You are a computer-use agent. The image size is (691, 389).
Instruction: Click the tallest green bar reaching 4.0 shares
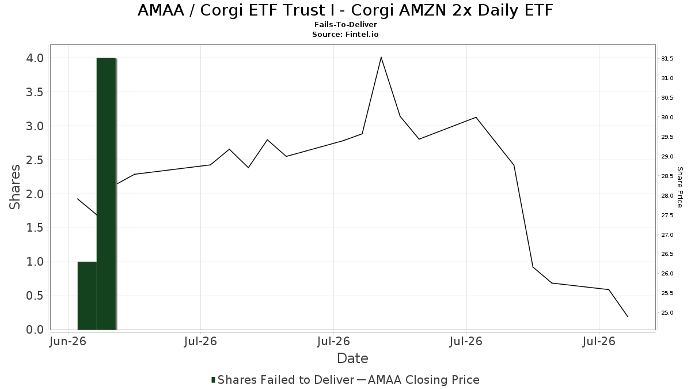pyautogui.click(x=106, y=194)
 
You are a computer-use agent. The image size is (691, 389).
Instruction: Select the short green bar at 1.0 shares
pyautogui.click(x=87, y=296)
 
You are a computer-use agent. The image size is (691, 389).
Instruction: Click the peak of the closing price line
pyautogui.click(x=381, y=57)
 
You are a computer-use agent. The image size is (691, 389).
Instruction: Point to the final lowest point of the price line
pyautogui.click(x=628, y=316)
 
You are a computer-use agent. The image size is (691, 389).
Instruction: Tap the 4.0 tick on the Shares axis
pyautogui.click(x=35, y=58)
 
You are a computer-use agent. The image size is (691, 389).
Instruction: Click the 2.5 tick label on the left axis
pyautogui.click(x=35, y=160)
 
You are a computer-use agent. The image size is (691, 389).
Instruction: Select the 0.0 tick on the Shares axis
pyautogui.click(x=35, y=330)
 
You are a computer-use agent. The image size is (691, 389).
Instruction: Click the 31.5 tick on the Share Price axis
pyautogui.click(x=667, y=59)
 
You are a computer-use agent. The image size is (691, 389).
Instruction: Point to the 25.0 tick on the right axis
pyautogui.click(x=667, y=313)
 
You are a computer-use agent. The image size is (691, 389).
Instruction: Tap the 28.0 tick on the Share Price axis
pyautogui.click(x=667, y=195)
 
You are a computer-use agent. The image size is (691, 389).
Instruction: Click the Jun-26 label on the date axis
pyautogui.click(x=68, y=341)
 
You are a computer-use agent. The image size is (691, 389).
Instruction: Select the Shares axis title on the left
pyautogui.click(x=14, y=187)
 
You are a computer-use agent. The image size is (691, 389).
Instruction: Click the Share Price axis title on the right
pyautogui.click(x=679, y=187)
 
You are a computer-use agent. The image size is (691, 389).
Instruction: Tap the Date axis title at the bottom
pyautogui.click(x=352, y=358)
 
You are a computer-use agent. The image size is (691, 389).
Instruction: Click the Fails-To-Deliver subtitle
pyautogui.click(x=345, y=24)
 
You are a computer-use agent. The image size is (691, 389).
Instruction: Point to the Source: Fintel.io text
pyautogui.click(x=345, y=34)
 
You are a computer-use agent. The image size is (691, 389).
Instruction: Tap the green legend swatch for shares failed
pyautogui.click(x=213, y=380)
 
